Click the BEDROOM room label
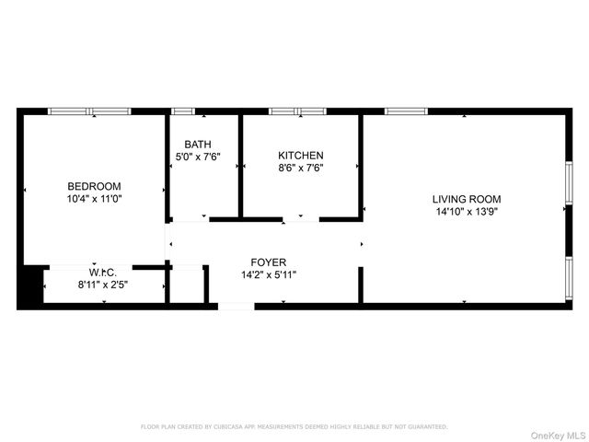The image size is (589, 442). (x=94, y=186)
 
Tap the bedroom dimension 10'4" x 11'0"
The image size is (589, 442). (x=94, y=198)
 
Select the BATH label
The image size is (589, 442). (x=197, y=145)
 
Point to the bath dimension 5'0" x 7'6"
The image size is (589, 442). (x=197, y=157)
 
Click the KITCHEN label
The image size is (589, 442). (x=301, y=156)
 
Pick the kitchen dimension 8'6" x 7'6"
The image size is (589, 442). (x=301, y=168)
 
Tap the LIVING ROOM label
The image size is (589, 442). (x=467, y=199)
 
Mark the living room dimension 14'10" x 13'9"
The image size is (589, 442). (x=467, y=211)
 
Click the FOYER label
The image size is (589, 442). (x=269, y=262)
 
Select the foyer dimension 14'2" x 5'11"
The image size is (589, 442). (x=269, y=274)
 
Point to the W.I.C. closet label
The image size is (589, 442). (x=102, y=273)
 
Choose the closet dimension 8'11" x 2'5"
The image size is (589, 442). (x=102, y=285)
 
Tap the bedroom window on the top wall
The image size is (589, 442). (x=89, y=111)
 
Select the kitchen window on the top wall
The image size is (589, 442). (x=297, y=111)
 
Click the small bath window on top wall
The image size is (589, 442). (x=183, y=111)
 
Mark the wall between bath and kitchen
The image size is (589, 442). (x=240, y=166)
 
